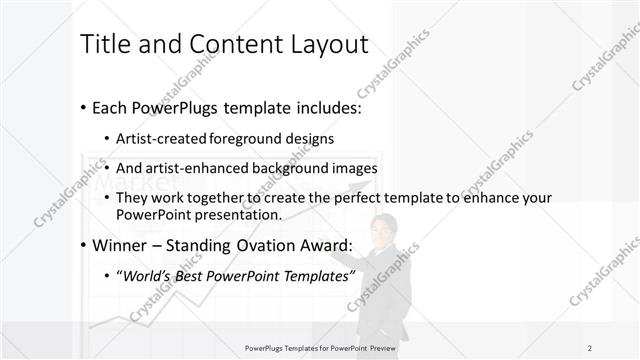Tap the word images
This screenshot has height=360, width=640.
click(x=355, y=168)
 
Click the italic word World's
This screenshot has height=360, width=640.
click(x=149, y=276)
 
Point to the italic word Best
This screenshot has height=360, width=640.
click(x=197, y=276)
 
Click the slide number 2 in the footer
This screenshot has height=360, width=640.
click(x=589, y=346)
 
